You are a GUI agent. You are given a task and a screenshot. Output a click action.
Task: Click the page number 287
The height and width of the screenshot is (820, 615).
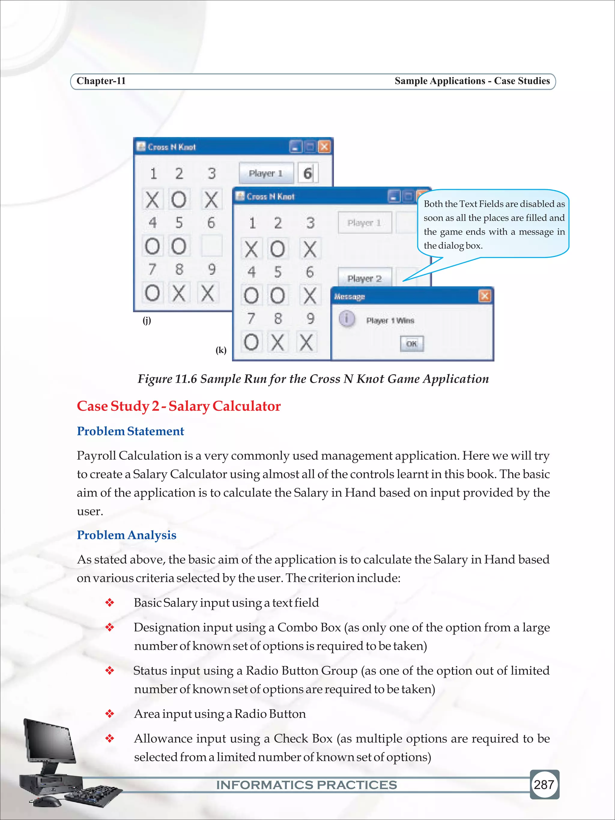pyautogui.click(x=544, y=784)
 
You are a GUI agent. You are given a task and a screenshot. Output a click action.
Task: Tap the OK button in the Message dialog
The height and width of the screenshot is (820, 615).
pyautogui.click(x=411, y=344)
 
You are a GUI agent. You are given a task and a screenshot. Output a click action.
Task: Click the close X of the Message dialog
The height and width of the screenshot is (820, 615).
pyautogui.click(x=484, y=296)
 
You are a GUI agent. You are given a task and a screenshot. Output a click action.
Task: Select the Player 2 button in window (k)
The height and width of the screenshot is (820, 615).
pyautogui.click(x=364, y=278)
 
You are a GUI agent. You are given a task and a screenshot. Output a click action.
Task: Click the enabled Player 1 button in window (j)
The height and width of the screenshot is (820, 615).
pyautogui.click(x=266, y=173)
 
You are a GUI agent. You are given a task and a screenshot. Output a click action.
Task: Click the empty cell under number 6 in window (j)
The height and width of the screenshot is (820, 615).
pyautogui.click(x=212, y=246)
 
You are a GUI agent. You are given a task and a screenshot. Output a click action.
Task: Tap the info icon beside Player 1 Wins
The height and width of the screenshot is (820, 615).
pyautogui.click(x=347, y=319)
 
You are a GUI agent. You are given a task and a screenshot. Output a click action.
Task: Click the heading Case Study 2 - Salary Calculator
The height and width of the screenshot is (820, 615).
pyautogui.click(x=179, y=406)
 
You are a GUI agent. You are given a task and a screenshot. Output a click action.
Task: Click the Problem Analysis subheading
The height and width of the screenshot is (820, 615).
pyautogui.click(x=126, y=535)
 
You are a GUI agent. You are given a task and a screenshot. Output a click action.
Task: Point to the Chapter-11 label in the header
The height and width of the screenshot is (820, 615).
pyautogui.click(x=101, y=81)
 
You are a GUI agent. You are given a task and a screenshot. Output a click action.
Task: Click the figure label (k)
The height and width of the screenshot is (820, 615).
pyautogui.click(x=221, y=350)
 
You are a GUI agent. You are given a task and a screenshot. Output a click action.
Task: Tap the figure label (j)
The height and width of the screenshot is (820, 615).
pyautogui.click(x=147, y=320)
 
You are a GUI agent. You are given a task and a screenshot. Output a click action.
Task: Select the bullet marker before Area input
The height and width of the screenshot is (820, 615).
pyautogui.click(x=109, y=714)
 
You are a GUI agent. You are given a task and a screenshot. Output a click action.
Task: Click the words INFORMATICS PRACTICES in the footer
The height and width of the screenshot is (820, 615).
pyautogui.click(x=307, y=785)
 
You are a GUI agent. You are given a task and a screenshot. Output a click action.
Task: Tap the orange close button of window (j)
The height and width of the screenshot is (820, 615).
pyautogui.click(x=324, y=147)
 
